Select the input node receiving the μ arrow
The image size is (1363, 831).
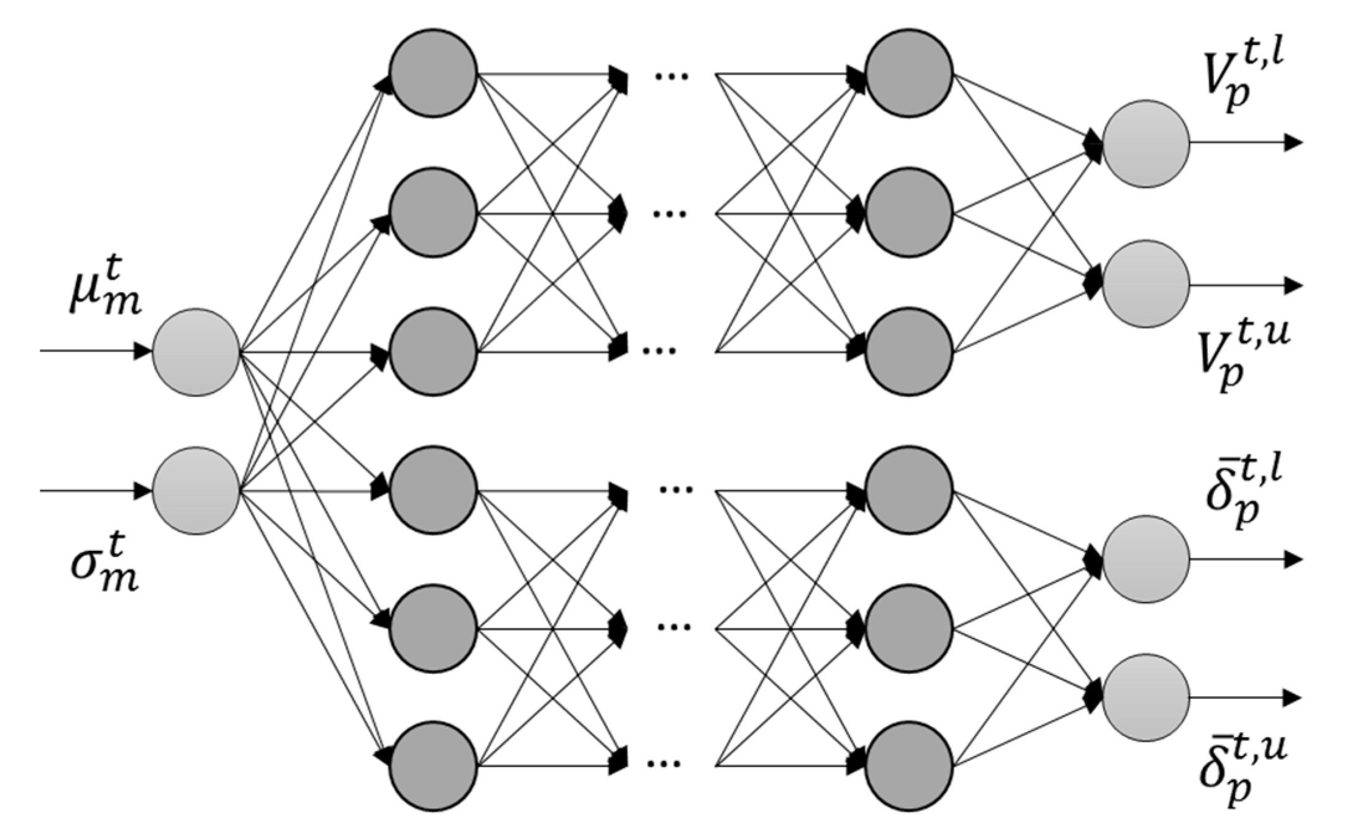tap(196, 352)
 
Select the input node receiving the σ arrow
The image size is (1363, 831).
tap(196, 491)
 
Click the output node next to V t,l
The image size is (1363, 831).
tap(1146, 143)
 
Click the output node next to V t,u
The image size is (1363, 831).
tap(1146, 284)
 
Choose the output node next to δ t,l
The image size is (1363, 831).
tap(1146, 559)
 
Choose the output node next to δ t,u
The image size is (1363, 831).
tap(1146, 697)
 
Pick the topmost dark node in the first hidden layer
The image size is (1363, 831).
tap(433, 72)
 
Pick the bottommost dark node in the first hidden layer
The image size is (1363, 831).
tap(433, 765)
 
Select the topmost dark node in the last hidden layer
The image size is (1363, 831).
tap(909, 72)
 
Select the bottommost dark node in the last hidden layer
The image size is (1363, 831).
tap(909, 765)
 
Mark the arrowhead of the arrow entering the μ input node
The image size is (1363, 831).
tap(143, 351)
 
